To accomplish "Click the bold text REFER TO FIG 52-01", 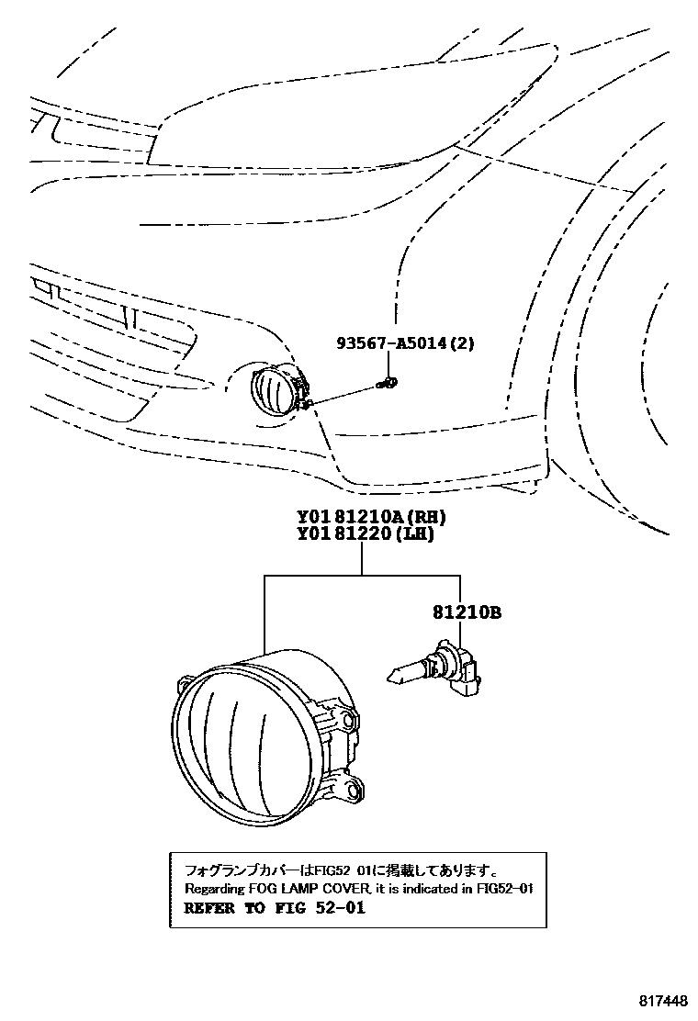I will [x=275, y=909].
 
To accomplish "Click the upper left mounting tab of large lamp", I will [x=185, y=684].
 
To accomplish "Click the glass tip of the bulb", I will [x=394, y=678].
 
